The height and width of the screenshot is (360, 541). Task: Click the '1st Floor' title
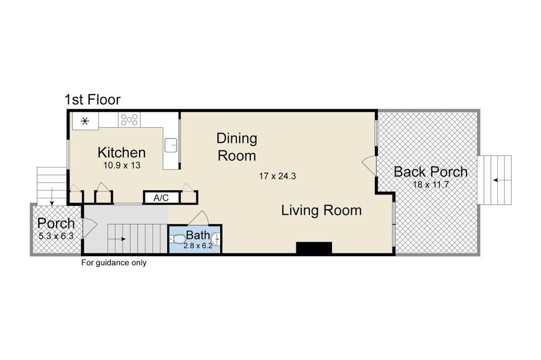(x=92, y=99)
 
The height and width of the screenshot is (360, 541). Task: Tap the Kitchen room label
(x=121, y=152)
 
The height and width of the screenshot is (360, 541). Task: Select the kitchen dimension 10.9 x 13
(x=122, y=165)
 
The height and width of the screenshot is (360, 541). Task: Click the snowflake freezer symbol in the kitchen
(x=85, y=121)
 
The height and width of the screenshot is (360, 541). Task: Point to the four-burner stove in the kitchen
(x=129, y=120)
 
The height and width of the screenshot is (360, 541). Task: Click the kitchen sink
(x=171, y=145)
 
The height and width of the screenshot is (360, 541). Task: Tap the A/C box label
(x=161, y=198)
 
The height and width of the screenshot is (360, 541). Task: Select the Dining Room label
(x=237, y=147)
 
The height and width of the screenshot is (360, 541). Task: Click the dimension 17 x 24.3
(x=277, y=176)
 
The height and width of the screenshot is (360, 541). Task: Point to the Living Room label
(x=321, y=210)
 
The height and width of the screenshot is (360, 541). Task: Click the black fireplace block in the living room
(x=314, y=248)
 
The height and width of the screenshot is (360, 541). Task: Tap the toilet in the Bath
(x=177, y=239)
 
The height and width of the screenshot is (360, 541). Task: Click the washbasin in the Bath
(x=216, y=238)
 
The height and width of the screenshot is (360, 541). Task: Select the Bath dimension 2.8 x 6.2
(x=198, y=246)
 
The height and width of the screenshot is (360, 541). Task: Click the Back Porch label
(x=431, y=172)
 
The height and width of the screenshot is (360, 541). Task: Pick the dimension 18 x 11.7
(x=431, y=185)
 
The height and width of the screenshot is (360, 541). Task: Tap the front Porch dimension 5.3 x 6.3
(x=56, y=236)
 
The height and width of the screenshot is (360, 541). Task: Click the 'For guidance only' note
(x=114, y=263)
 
